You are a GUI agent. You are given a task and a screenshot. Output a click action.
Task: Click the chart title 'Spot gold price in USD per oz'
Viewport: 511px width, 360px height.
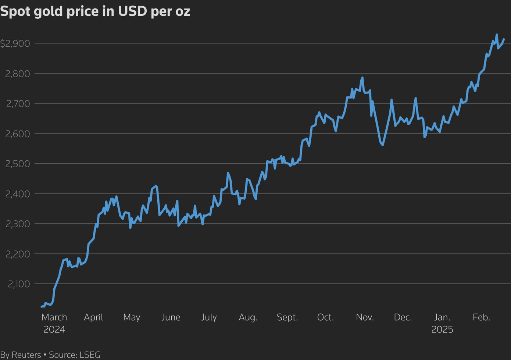pyautogui.click(x=95, y=11)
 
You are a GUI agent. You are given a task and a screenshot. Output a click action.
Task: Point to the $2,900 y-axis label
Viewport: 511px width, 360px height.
pyautogui.click(x=15, y=44)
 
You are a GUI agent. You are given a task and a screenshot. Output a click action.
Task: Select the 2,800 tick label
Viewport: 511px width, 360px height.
pyautogui.click(x=18, y=74)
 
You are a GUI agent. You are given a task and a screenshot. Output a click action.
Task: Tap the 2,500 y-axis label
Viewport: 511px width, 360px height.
pyautogui.click(x=18, y=164)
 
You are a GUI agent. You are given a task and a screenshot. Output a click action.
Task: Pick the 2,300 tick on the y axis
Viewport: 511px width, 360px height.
pyautogui.click(x=18, y=224)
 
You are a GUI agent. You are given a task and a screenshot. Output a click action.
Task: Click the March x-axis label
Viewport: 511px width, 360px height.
pyautogui.click(x=54, y=317)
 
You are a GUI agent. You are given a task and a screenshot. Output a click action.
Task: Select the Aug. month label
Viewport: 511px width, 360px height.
pyautogui.click(x=248, y=317)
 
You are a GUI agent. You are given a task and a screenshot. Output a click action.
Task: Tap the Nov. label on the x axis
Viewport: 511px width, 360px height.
pyautogui.click(x=365, y=317)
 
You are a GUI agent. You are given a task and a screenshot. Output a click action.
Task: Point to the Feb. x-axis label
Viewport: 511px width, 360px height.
pyautogui.click(x=481, y=317)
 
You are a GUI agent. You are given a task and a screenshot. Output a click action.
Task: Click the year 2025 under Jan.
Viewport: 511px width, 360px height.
pyautogui.click(x=442, y=329)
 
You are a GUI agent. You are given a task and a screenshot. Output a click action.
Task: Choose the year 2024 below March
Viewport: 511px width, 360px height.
pyautogui.click(x=54, y=329)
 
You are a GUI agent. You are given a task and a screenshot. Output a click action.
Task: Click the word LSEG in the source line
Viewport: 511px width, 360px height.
pyautogui.click(x=90, y=355)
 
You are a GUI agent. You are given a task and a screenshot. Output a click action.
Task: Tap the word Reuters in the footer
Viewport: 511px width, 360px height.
pyautogui.click(x=26, y=355)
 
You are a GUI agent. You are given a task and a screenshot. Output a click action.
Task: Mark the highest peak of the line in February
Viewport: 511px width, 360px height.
pyautogui.click(x=497, y=35)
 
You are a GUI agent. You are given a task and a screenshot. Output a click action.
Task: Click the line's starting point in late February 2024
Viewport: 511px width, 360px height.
pyautogui.click(x=42, y=307)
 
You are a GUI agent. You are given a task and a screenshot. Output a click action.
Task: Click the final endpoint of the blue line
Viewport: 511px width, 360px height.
pyautogui.click(x=504, y=39)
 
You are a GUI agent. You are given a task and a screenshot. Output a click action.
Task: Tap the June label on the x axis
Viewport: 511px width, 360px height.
pyautogui.click(x=171, y=317)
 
